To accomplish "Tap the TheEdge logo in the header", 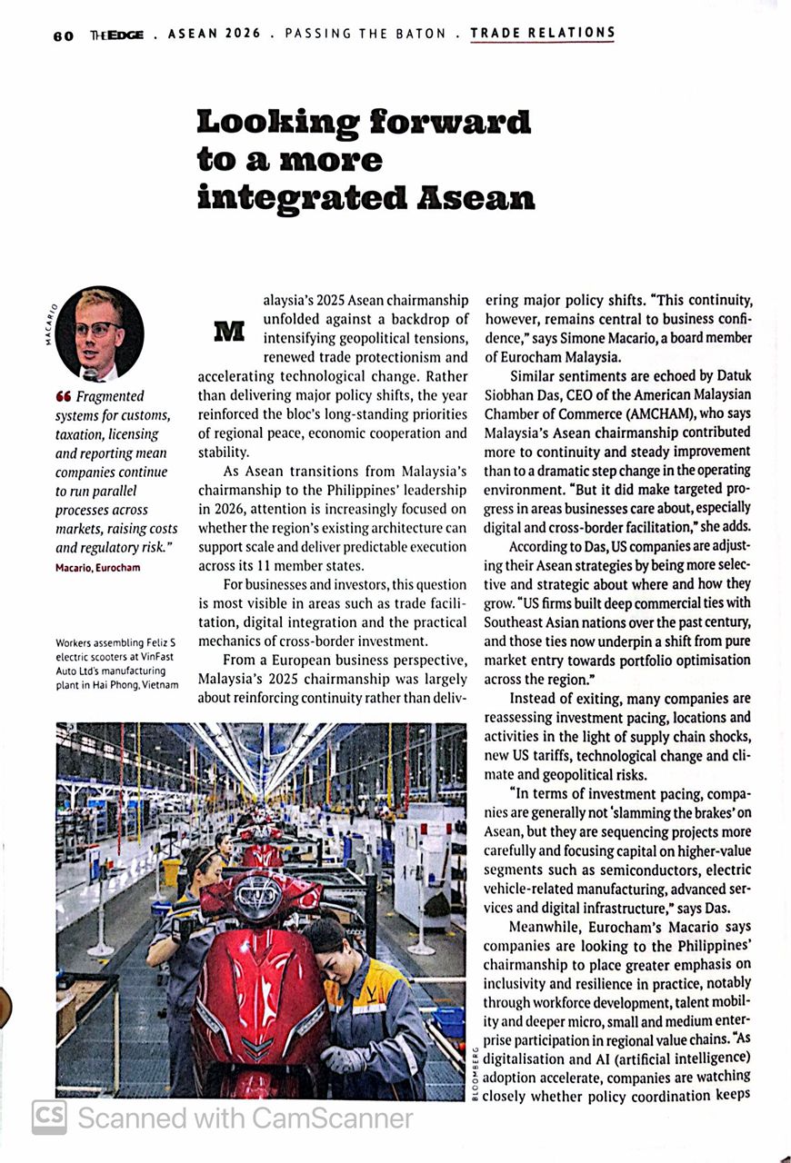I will pos(115,35).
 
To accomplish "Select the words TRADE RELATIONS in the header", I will pos(542,34).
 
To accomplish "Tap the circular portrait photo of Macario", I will pos(99,333).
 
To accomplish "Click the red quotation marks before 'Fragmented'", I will pos(63,396).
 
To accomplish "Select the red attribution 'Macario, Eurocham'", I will pos(98,568).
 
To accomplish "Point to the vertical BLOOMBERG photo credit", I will pos(476,1073).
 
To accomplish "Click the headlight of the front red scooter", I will pos(258,900).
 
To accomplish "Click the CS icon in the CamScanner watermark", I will pos(49,1117).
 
